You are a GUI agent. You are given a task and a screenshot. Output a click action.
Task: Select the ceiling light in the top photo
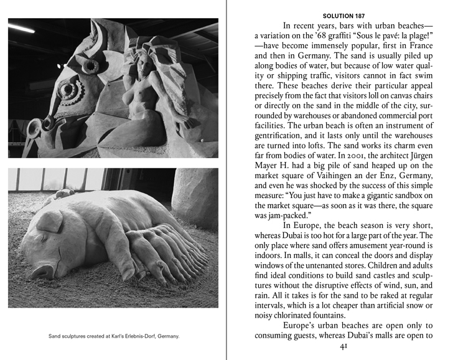pyautogui.click(x=21, y=29)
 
